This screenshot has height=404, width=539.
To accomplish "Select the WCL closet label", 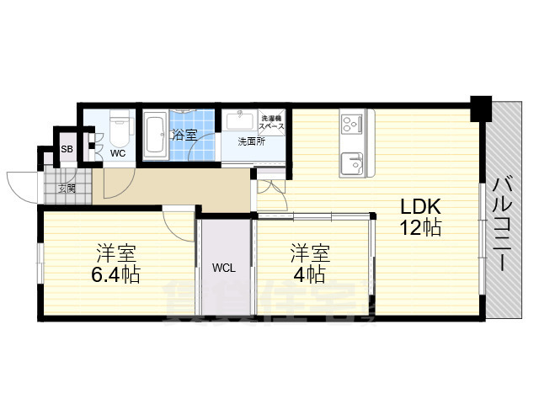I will [x=224, y=268].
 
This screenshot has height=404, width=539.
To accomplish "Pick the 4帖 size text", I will [x=310, y=274].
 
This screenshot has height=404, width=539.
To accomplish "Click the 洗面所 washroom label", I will [x=250, y=141].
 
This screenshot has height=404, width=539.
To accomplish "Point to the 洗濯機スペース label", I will [x=272, y=122].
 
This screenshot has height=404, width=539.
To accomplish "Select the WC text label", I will [x=119, y=153].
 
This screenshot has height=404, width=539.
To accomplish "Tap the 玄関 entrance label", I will [x=67, y=188].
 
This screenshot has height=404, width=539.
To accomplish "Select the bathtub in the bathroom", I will [x=155, y=136].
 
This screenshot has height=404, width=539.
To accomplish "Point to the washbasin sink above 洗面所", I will [x=242, y=120].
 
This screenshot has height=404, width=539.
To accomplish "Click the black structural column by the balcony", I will [x=481, y=108].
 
